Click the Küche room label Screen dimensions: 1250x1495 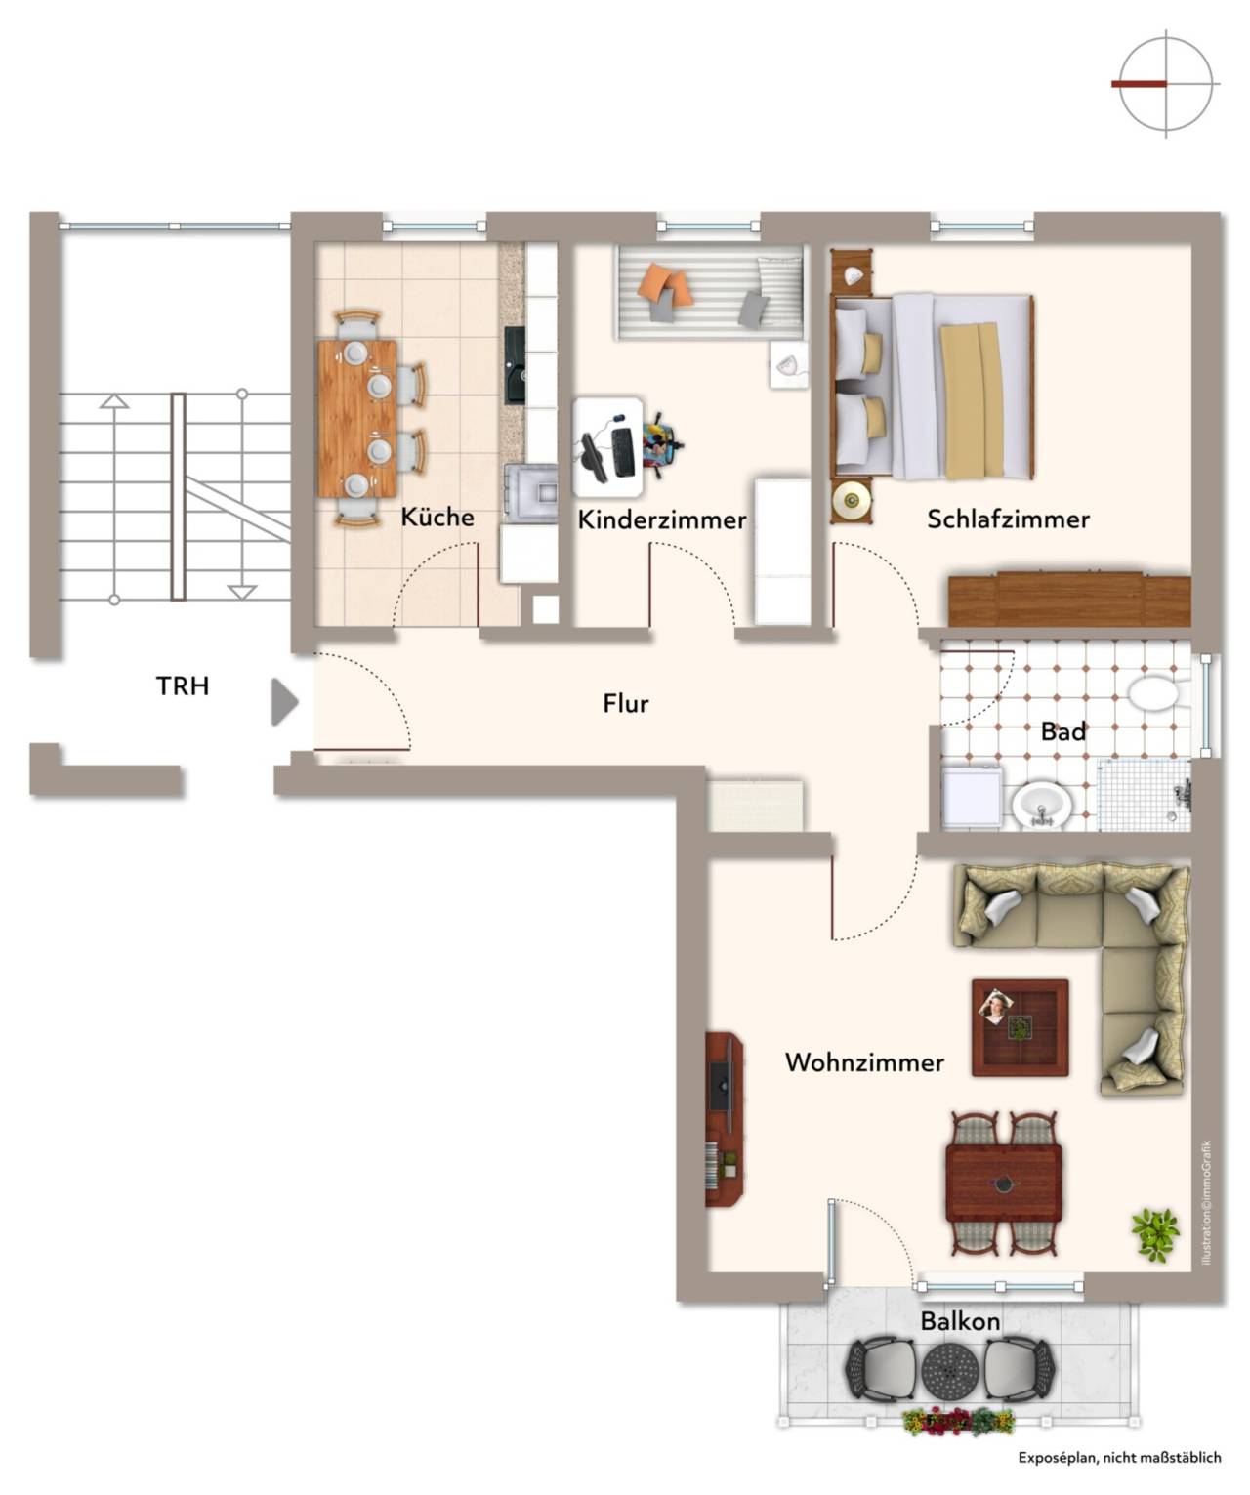(437, 517)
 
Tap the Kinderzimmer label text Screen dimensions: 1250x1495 (661, 519)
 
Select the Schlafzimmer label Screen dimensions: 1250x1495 (1008, 519)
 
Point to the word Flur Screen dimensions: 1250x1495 (626, 703)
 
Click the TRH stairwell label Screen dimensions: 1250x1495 (183, 685)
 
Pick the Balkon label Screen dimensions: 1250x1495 (960, 1321)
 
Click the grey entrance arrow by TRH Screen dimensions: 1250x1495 (284, 702)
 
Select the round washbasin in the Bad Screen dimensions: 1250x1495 (1042, 807)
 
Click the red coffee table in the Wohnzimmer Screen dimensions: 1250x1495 (1020, 1028)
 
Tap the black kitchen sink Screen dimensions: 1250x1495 (515, 366)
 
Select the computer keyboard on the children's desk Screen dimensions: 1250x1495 (621, 451)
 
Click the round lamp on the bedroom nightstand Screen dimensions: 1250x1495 (852, 499)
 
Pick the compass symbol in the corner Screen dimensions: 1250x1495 (1165, 84)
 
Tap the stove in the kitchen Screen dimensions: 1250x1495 (530, 492)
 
